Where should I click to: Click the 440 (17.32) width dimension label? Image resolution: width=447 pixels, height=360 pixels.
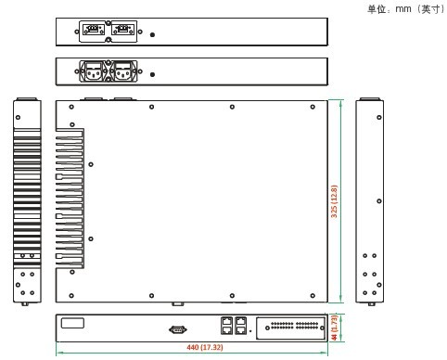[205, 347]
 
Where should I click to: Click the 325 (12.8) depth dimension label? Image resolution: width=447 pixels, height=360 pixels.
[334, 201]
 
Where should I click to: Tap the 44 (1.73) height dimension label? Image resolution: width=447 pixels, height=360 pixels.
[334, 328]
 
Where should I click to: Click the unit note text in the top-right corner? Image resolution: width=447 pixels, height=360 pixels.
[406, 9]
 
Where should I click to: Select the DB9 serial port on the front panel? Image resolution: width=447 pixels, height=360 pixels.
[178, 329]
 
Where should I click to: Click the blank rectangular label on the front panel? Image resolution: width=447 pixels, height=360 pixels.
[72, 323]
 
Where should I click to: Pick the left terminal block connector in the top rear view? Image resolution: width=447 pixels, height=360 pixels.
[93, 30]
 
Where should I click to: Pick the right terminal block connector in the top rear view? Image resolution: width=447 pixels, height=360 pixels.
[123, 30]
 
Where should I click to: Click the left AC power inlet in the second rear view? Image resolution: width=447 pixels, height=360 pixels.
[94, 71]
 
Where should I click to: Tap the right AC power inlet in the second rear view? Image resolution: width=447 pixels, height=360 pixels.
[123, 71]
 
